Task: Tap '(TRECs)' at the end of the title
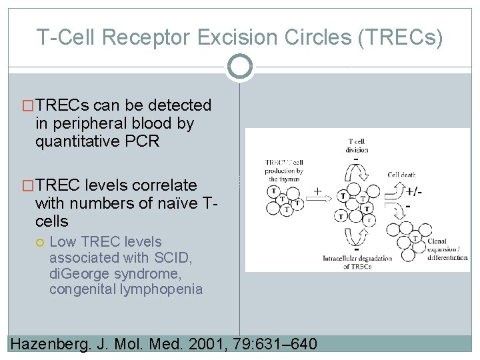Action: [x=400, y=37]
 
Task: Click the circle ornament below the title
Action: [x=239, y=66]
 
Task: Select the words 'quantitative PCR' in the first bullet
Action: [x=97, y=141]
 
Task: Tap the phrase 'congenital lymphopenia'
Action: [x=125, y=289]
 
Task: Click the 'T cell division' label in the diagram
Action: [x=357, y=145]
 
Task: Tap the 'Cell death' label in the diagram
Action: [x=402, y=175]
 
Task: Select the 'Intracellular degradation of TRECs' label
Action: [x=357, y=262]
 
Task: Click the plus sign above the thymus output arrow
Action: [x=317, y=191]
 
